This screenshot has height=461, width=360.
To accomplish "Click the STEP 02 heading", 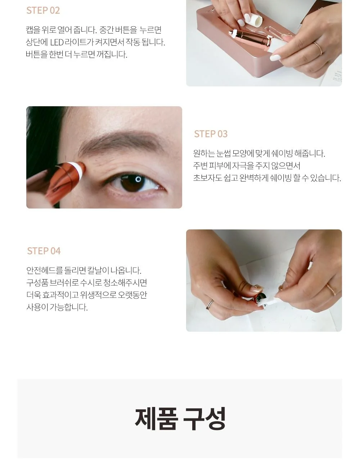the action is point(43,10).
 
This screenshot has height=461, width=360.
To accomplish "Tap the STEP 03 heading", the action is point(211,134).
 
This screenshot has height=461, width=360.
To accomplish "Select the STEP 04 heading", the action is point(44,251).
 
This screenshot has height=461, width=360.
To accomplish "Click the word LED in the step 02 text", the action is point(57,42).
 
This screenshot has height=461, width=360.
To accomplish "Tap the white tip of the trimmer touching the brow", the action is point(76,170).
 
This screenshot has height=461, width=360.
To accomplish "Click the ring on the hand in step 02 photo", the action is point(318,48).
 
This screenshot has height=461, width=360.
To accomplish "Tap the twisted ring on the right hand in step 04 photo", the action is point(331,289).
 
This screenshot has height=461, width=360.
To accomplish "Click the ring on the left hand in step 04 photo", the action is point(210,305).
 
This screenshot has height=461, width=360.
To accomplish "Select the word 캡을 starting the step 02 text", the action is point(33,30).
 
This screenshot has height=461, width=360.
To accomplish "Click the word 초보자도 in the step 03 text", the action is point(207,178).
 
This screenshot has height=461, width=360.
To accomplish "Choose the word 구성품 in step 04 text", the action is point(37,283).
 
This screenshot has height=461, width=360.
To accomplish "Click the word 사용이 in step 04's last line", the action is point(37,307).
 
